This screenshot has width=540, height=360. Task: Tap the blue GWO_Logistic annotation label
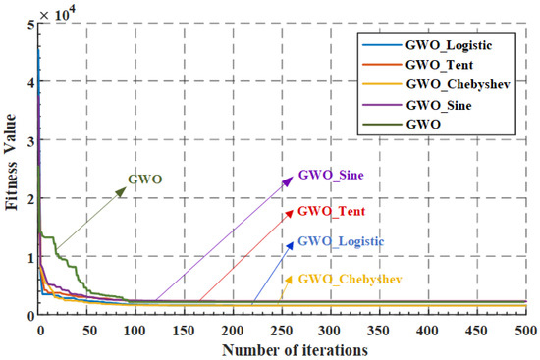click(x=341, y=241)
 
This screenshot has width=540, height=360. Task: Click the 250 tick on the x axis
click(x=282, y=331)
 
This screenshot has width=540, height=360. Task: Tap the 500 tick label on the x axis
click(x=524, y=331)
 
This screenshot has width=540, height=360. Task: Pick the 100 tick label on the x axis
click(x=136, y=331)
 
